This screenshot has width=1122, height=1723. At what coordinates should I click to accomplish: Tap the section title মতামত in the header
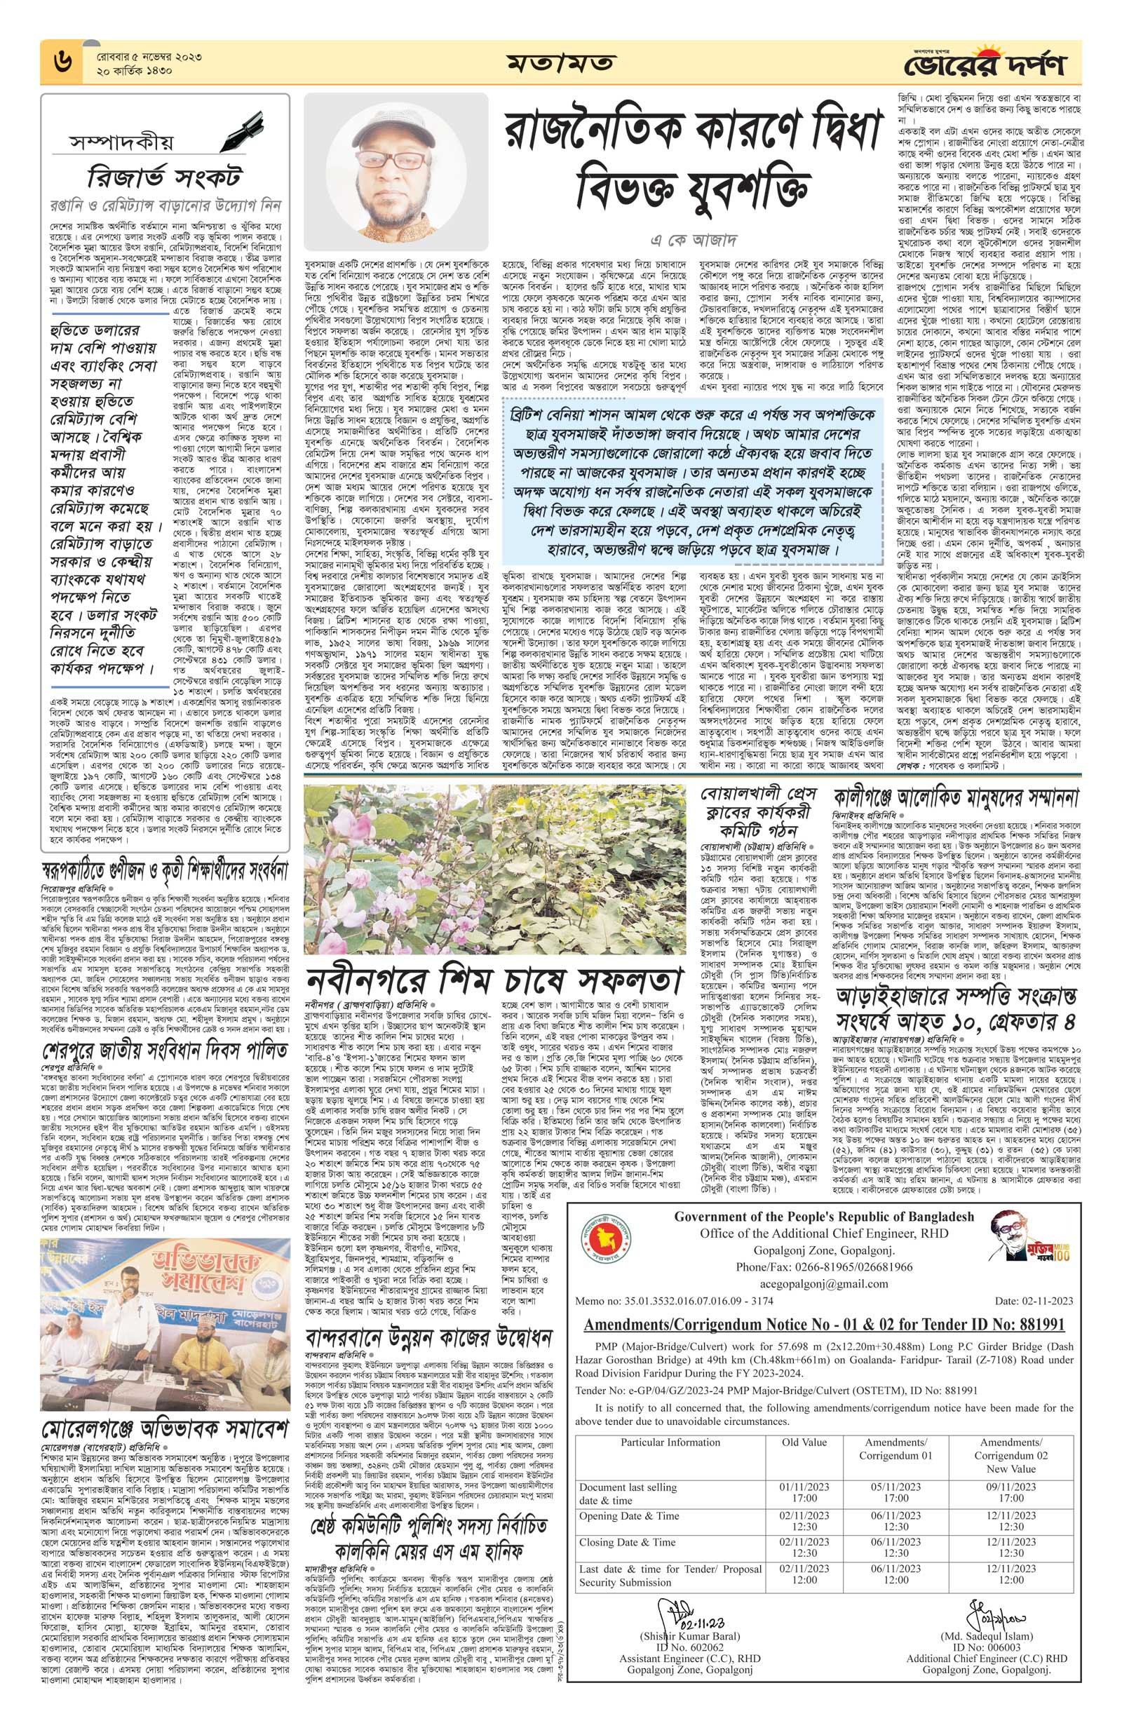561,63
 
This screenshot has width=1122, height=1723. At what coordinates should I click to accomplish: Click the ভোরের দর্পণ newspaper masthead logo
985,65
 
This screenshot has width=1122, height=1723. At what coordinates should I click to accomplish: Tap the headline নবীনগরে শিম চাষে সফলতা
494,981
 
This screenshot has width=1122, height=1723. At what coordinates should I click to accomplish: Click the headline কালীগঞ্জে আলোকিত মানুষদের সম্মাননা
956,799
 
